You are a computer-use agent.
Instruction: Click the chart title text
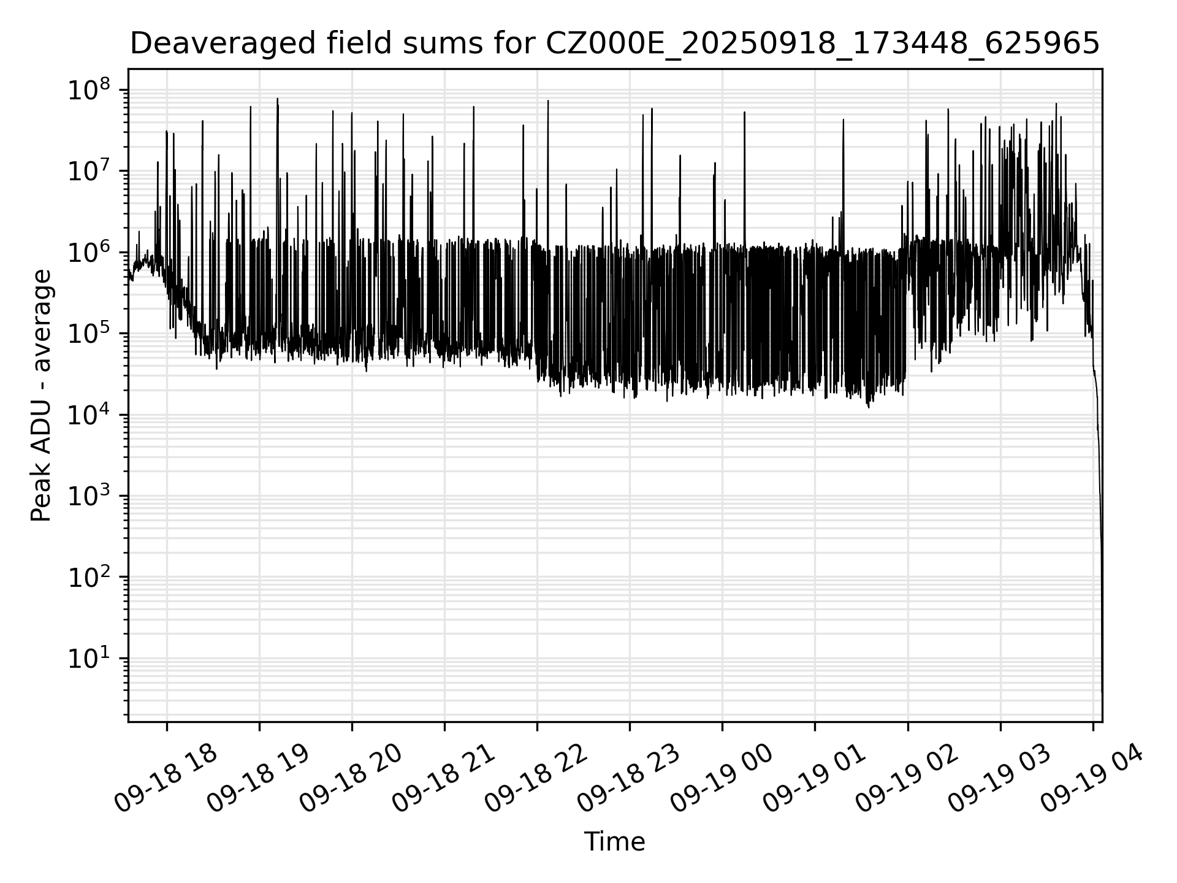pyautogui.click(x=614, y=44)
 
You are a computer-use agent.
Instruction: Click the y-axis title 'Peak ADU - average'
pyautogui.click(x=41, y=396)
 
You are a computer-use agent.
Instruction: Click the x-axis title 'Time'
pyautogui.click(x=614, y=842)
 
